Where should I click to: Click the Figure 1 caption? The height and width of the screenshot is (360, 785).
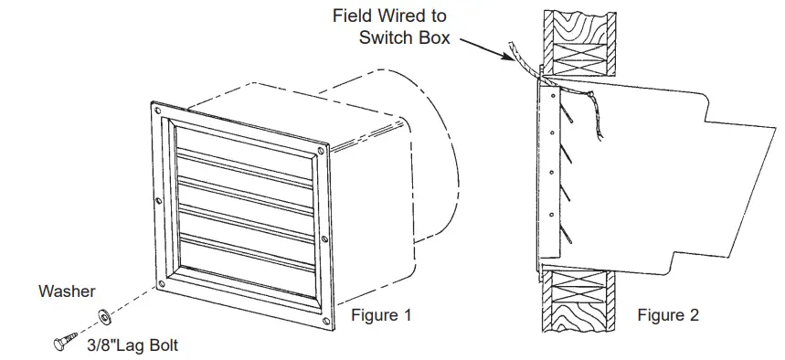coord(381,316)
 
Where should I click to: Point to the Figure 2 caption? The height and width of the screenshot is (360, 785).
coord(668,316)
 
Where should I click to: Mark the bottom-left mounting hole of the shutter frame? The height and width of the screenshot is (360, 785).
coord(168,270)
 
